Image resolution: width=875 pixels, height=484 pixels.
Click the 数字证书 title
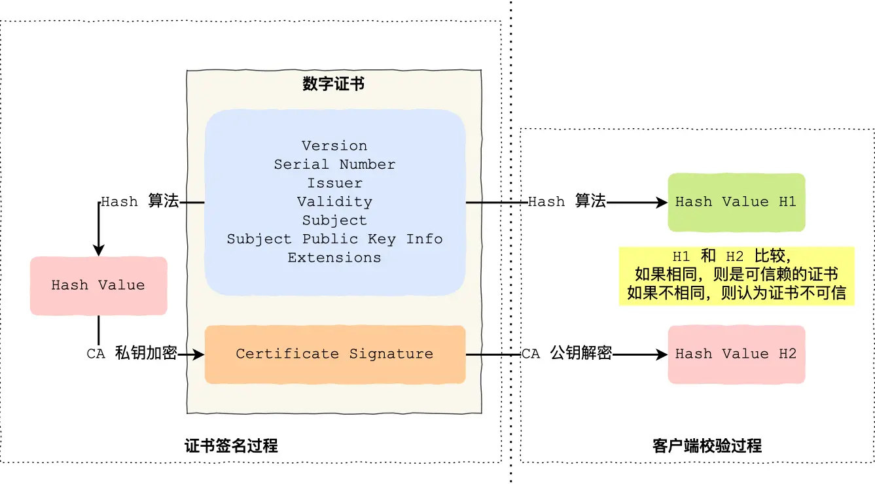pos(334,84)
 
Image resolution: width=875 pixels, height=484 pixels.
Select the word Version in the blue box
pos(334,146)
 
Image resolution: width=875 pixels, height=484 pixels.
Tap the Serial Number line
pos(334,164)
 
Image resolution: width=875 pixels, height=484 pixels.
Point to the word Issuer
pos(334,183)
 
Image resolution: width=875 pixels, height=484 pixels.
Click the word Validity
pos(334,201)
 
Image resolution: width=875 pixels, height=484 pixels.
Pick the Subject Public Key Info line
pos(334,239)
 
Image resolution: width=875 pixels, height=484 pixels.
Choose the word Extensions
pos(334,258)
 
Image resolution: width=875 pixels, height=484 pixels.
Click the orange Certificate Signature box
pos(334,354)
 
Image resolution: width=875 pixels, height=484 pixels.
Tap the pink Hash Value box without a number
pos(98,285)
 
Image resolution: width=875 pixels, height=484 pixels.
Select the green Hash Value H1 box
pos(736,202)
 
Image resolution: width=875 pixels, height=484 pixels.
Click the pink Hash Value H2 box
pos(736,354)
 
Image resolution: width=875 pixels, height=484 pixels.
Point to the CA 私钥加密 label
pos(132,354)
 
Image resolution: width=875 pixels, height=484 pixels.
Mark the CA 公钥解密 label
pos(567,354)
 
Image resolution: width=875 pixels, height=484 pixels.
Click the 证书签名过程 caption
pos(231,446)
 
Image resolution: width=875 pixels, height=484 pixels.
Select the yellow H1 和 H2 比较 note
pos(736,275)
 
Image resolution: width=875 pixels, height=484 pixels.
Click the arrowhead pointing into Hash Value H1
pos(662,203)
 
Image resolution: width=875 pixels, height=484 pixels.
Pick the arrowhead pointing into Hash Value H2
pos(662,354)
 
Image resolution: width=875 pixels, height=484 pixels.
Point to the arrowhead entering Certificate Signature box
pos(199,354)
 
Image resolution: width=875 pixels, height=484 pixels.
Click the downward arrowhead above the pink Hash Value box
pos(99,251)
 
